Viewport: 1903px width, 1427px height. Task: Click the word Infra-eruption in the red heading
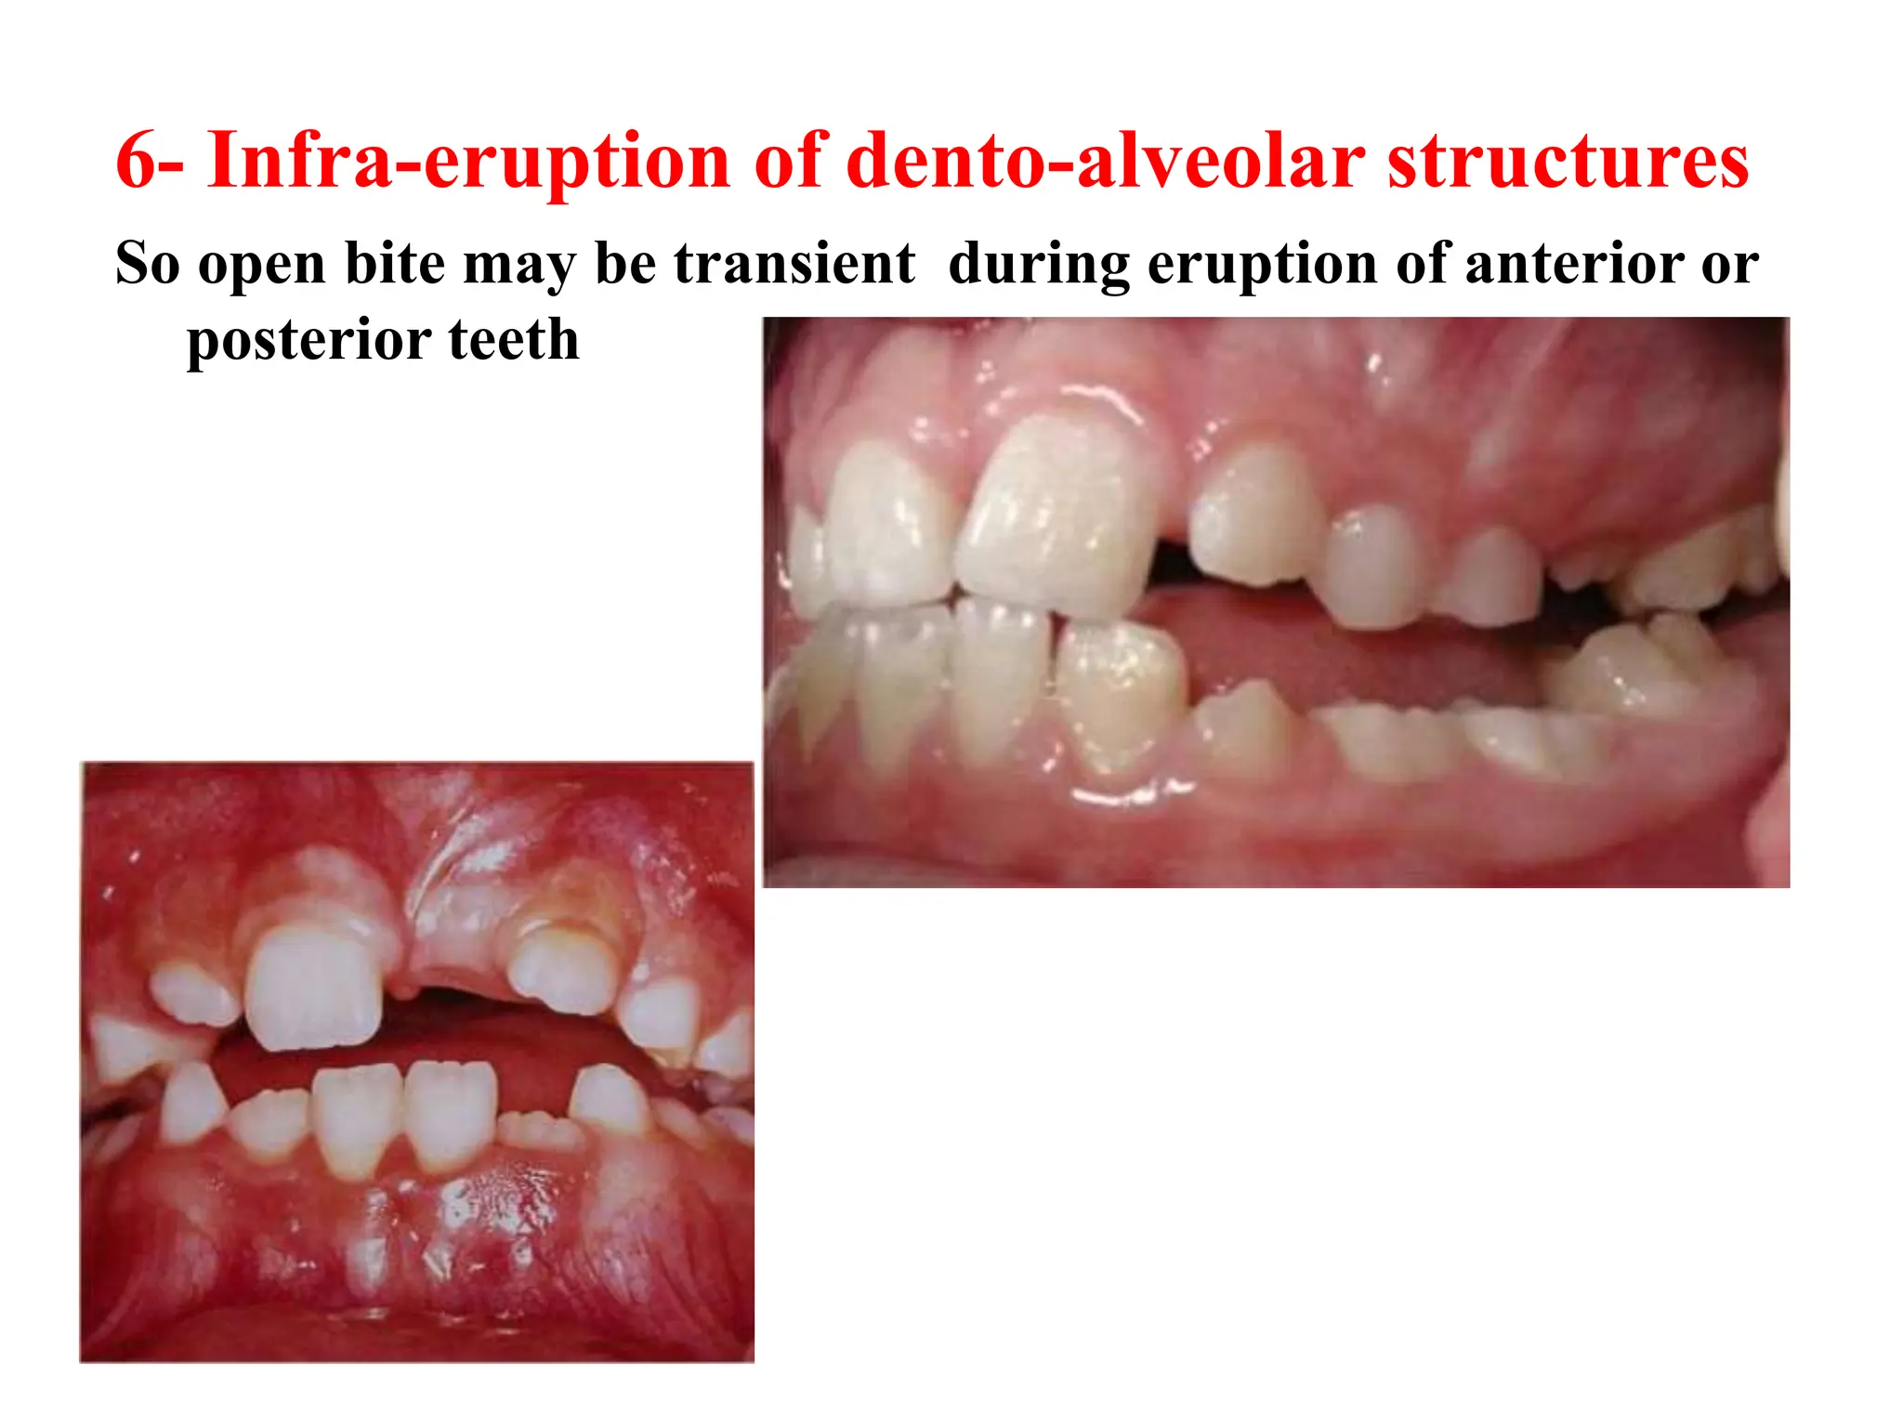point(468,162)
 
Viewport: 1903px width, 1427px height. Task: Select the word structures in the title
point(1568,162)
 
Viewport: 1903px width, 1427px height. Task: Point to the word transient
point(794,263)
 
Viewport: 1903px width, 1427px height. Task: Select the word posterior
point(306,341)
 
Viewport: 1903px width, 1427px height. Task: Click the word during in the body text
point(1039,263)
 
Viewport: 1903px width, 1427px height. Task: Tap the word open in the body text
point(262,265)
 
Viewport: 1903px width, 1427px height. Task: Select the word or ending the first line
point(1730,265)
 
